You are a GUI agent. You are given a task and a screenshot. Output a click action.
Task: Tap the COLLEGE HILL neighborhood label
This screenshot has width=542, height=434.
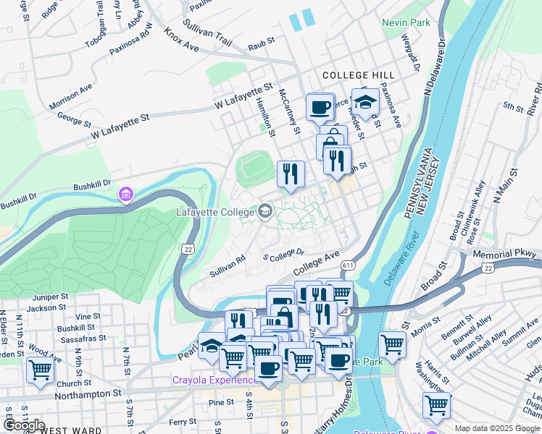358,75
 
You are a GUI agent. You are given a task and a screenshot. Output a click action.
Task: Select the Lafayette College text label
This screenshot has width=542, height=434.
215,212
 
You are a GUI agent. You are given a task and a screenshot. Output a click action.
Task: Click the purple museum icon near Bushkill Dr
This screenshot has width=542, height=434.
126,195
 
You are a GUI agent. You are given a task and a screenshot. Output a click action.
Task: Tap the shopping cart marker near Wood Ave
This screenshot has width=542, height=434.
40,370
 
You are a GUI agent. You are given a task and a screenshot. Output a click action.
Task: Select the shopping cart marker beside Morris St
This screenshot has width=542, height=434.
392,345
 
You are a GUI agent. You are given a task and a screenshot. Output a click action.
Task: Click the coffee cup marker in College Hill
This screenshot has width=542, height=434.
320,108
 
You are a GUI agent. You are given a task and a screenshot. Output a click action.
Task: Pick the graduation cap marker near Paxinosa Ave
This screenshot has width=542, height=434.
365,102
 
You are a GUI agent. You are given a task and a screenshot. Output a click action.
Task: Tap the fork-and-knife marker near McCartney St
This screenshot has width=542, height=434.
291,174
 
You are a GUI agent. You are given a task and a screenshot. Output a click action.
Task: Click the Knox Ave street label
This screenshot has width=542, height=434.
181,41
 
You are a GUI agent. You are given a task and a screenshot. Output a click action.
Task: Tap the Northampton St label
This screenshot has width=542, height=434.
87,393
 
